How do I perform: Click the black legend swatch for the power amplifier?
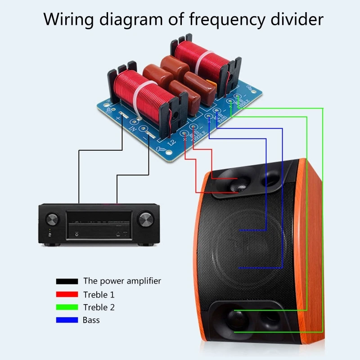pos(67,282)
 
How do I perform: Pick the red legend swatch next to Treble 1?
pos(67,295)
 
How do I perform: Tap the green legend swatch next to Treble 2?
pos(67,308)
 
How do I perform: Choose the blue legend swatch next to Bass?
pos(67,320)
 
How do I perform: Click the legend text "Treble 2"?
pos(99,307)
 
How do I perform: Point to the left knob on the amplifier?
pos(53,220)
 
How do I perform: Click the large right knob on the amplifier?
pos(145,220)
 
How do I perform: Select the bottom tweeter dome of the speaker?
pos(236,318)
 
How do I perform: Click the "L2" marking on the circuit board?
pos(171,144)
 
